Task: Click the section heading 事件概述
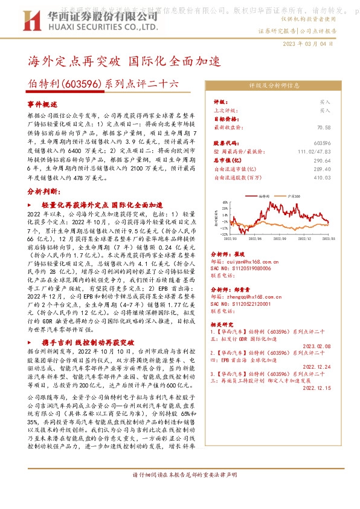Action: (42, 105)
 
